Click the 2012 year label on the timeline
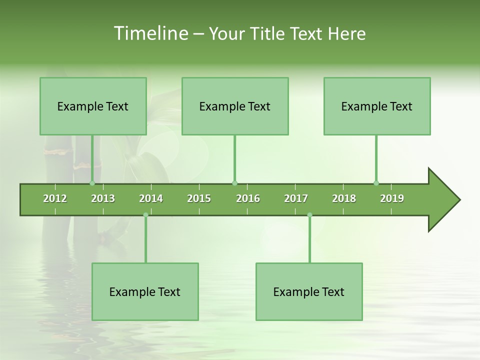pos(55,198)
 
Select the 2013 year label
pos(103,198)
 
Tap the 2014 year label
pos(151,198)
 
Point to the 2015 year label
pos(199,198)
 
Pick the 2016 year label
pos(248,198)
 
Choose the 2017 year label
pos(296,198)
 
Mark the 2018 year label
pos(344,198)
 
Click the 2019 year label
pos(392,198)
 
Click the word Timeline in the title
pos(150,33)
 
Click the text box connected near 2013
pos(93,106)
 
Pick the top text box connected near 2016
pos(235,106)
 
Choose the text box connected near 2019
pos(377,106)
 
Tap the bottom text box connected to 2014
pos(145,291)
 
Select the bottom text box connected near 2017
pos(309,291)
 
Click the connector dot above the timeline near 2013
pos(92,183)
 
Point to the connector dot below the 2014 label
pos(145,215)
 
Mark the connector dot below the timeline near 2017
pos(309,215)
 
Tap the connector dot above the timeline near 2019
pos(376,183)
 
